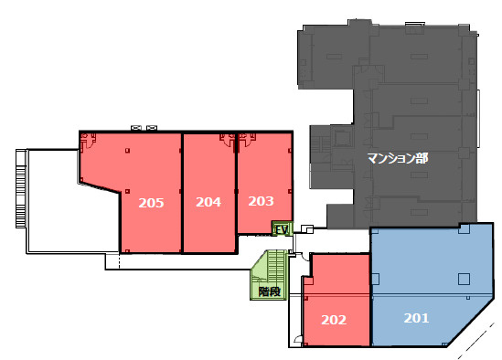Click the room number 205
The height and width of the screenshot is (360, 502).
point(151,203)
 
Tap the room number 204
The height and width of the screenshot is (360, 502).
point(208,202)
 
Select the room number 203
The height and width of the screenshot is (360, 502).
point(261,201)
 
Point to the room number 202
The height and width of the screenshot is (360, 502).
point(334,320)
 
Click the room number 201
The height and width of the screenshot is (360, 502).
point(416,318)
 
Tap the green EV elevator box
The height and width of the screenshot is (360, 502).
point(282,228)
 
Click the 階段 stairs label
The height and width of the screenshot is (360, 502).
point(269,291)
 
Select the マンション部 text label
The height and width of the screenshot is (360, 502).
point(398,158)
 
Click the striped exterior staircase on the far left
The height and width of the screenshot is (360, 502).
point(21,188)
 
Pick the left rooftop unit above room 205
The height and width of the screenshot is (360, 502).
point(136,128)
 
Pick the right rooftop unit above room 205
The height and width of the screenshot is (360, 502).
point(152,128)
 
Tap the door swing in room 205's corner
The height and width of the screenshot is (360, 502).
point(88,141)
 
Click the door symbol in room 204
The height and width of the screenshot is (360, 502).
point(228,140)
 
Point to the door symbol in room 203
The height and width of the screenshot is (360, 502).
point(248,140)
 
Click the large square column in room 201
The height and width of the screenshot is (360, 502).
point(464,279)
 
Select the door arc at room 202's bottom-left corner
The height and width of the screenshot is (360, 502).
point(298,340)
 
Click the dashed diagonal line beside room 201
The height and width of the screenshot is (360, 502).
point(477,340)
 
